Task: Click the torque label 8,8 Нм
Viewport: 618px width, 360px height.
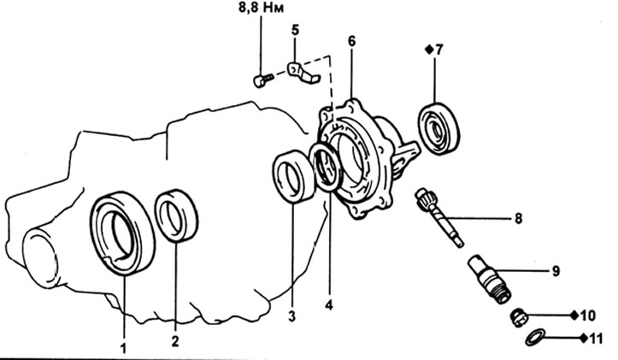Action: click(261, 9)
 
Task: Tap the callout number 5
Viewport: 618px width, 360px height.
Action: click(295, 30)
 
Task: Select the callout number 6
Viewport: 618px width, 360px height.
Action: click(351, 41)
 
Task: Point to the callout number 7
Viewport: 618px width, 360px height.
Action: click(439, 50)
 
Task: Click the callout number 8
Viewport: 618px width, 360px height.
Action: click(518, 218)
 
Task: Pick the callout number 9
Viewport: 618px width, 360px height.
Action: click(556, 271)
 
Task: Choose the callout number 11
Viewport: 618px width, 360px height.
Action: click(596, 339)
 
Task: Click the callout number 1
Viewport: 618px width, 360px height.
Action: click(124, 349)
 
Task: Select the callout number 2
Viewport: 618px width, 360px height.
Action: click(175, 340)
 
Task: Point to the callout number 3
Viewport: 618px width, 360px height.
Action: click(291, 316)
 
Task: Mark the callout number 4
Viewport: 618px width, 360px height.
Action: click(329, 304)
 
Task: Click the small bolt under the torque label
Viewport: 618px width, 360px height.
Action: click(262, 81)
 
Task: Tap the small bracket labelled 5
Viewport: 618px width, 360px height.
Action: click(303, 74)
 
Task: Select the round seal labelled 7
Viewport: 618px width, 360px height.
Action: click(439, 128)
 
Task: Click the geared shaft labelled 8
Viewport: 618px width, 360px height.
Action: click(439, 217)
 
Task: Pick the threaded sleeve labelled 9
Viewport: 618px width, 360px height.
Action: click(489, 279)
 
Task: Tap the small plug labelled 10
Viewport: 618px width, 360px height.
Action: click(518, 318)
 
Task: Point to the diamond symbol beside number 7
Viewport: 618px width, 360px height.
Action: click(428, 50)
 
